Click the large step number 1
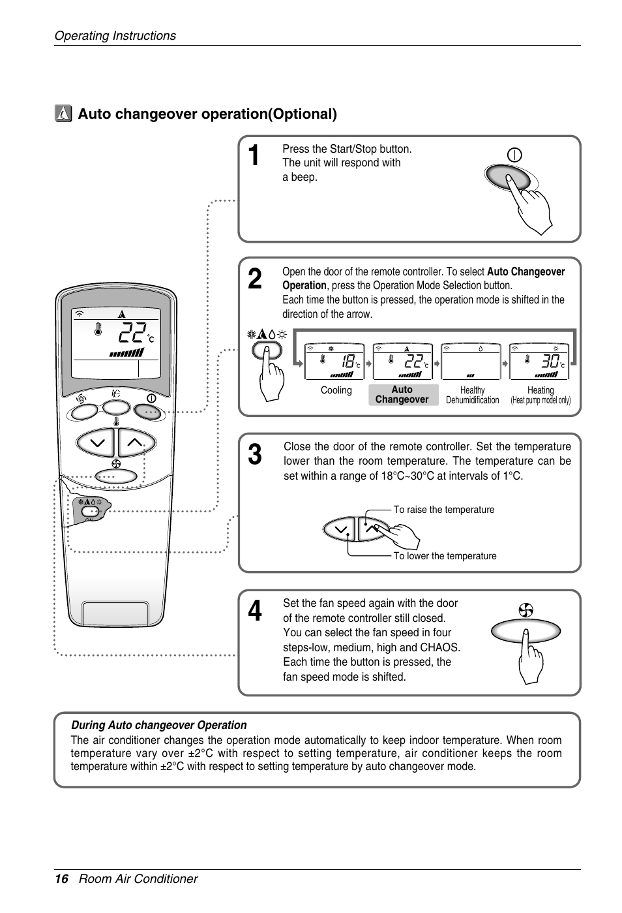255,156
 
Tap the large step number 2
255,279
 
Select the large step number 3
255,455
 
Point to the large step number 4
255,611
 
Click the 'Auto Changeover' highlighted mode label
402,395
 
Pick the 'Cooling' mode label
336,390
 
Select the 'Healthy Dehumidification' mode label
472,395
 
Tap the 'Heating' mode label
541,390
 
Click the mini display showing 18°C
334,362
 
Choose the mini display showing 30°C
539,362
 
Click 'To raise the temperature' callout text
443,510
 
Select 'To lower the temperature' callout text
445,556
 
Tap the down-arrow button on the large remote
96,442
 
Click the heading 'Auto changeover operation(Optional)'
207,114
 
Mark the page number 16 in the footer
61,879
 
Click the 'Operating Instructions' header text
115,36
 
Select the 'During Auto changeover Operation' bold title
158,725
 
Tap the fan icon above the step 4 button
526,610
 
